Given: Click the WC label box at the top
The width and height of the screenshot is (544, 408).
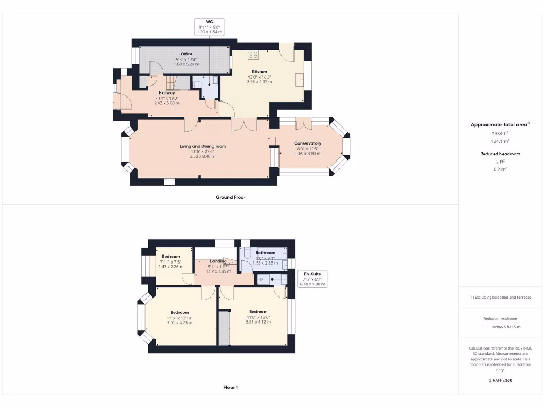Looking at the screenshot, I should coord(209,27).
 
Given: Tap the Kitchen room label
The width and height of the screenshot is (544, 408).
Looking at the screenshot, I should coord(259,71).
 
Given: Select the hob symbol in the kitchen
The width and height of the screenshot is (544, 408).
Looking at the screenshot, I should coord(253,54).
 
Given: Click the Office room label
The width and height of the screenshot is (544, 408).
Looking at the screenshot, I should coord(186,54).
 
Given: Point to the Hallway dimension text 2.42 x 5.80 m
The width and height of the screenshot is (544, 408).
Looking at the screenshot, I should coord(167,103).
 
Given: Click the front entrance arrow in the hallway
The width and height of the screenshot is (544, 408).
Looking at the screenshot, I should coord(113,101).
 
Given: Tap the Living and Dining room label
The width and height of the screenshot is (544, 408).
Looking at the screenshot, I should coord(202,146).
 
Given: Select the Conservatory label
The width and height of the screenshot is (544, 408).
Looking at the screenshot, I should coord(308,143).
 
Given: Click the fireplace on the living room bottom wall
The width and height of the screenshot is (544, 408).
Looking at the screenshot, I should coord(169,182).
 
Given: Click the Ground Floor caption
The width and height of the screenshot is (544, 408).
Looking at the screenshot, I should coord(230,197).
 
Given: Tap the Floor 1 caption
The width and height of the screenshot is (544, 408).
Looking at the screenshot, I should coord(230,388).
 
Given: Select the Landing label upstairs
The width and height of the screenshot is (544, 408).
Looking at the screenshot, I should coord(218,261).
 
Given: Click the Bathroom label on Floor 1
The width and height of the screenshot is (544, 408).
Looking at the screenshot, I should coord(266,253).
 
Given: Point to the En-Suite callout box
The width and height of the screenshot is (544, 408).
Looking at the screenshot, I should coord(311,279).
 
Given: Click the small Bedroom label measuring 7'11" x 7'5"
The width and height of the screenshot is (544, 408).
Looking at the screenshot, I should coord(171,257).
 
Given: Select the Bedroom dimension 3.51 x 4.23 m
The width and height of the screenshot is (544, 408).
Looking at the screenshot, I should coord(180,322).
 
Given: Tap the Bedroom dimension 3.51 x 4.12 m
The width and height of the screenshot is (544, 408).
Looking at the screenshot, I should coord(258,321).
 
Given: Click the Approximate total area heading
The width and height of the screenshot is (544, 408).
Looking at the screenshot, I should coord(499,125).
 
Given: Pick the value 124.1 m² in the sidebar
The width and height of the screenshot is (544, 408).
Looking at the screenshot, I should coord(499,141).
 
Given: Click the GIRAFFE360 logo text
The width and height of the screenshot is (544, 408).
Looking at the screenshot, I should coord(500,380).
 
